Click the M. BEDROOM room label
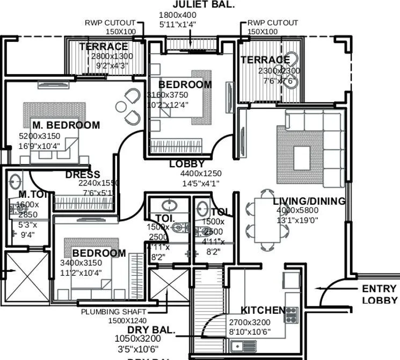66,125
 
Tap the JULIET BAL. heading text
196,5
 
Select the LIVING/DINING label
309,201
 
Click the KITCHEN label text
263,311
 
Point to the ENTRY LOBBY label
380,294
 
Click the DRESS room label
83,175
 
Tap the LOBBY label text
187,164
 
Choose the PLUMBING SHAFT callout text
113,312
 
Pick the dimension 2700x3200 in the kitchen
250,322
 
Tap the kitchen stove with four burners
290,315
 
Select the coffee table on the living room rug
301,157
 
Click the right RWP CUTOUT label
273,23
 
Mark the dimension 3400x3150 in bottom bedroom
81,263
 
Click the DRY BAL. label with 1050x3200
151,329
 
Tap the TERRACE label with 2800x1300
104,47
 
